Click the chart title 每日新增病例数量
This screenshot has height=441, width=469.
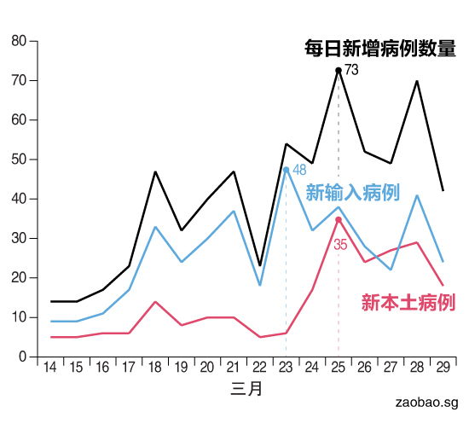pyautogui.click(x=379, y=49)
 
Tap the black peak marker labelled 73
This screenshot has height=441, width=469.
pyautogui.click(x=339, y=70)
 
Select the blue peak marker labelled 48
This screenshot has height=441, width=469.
pyautogui.click(x=286, y=169)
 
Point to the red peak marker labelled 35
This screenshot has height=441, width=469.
pyautogui.click(x=339, y=219)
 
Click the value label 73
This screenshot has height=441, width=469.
pyautogui.click(x=351, y=70)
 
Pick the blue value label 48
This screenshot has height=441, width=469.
pyautogui.click(x=299, y=170)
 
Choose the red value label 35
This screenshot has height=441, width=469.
pyautogui.click(x=340, y=244)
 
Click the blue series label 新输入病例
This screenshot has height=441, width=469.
pyautogui.click(x=352, y=192)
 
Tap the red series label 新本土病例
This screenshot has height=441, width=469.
pyautogui.click(x=408, y=302)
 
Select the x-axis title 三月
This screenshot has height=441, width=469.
pyautogui.click(x=246, y=389)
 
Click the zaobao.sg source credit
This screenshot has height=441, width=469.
pyautogui.click(x=426, y=402)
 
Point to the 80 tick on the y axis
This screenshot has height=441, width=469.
pyautogui.click(x=20, y=41)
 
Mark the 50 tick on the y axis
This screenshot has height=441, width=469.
pyautogui.click(x=20, y=160)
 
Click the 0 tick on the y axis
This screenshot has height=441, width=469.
pyautogui.click(x=23, y=357)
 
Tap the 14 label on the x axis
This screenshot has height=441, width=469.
pyautogui.click(x=50, y=368)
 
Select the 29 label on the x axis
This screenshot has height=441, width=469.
pyautogui.click(x=443, y=368)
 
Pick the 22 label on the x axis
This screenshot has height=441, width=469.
pyautogui.click(x=259, y=368)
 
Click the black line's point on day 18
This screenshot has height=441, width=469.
pyautogui.click(x=155, y=171)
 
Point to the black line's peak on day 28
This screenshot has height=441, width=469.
pyautogui.click(x=416, y=81)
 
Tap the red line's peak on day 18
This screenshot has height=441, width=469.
pyautogui.click(x=155, y=301)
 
